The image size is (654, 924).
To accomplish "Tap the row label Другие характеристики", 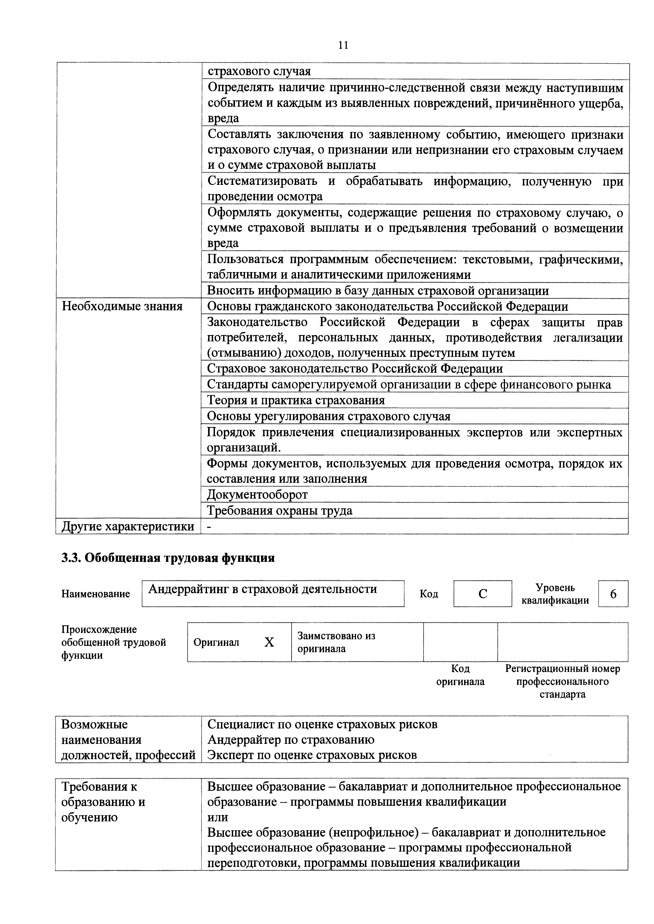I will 127,526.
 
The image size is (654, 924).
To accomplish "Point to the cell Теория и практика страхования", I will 296,400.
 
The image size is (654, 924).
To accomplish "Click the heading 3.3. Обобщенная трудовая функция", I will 168,558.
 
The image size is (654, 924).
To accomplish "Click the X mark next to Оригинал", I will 269,642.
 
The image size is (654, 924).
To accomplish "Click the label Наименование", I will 95,594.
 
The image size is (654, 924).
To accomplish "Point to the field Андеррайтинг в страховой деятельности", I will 263,589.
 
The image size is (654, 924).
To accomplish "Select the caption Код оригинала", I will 460,675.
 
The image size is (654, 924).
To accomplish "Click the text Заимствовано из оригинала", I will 336,642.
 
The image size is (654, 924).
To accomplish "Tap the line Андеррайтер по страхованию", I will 291,740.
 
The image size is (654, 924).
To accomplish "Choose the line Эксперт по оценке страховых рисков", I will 312,755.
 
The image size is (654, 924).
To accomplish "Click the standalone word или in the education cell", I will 218,817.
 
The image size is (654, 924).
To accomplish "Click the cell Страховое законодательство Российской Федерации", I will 355,369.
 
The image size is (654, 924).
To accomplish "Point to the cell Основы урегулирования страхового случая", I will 328,416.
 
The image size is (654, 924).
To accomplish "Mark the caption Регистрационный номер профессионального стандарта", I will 562,681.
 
